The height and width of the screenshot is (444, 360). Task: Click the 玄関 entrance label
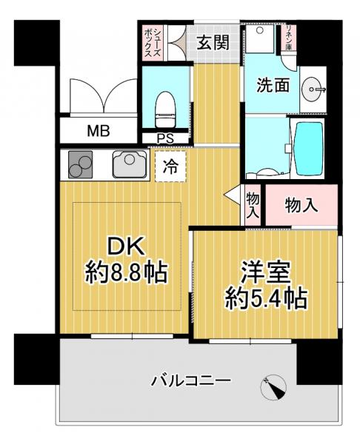coord(212,42)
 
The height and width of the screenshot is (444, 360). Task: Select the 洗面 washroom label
coord(273,84)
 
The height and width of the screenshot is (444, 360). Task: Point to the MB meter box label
coord(98,132)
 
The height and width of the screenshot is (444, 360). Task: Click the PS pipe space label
coord(164,138)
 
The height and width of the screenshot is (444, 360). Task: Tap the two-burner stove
coord(80,165)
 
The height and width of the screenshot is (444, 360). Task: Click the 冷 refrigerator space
coord(170,166)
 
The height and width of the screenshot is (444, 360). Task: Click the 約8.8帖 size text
coord(125,275)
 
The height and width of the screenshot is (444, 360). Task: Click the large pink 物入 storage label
coord(301,204)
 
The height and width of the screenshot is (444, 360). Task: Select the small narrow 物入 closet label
coord(253,205)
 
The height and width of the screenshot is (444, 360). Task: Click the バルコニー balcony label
coord(192,381)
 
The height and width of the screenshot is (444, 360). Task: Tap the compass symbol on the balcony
coord(273,386)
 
